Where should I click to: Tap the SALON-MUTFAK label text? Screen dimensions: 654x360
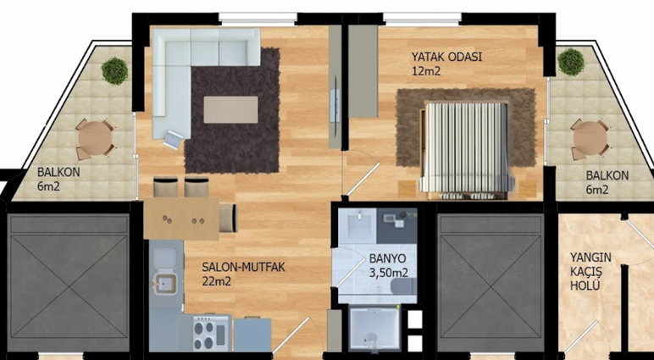244,267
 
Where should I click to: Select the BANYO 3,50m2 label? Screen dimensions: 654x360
388,265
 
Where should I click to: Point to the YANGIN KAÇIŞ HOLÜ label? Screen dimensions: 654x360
590,272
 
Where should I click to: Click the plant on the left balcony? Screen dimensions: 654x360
114,71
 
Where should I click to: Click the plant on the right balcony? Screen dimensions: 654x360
571,62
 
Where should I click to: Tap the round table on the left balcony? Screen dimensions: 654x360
95,138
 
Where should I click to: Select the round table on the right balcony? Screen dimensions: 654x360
590,138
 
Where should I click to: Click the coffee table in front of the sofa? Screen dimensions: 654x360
230,110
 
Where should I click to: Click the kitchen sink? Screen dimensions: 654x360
166,284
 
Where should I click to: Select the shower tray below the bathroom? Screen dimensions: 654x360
374,329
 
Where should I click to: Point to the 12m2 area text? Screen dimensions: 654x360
426,71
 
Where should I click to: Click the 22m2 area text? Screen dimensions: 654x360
217,281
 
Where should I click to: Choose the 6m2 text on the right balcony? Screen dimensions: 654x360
597,190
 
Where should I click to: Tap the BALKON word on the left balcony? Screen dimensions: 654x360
58,172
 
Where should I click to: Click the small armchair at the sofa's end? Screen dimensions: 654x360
173,139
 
